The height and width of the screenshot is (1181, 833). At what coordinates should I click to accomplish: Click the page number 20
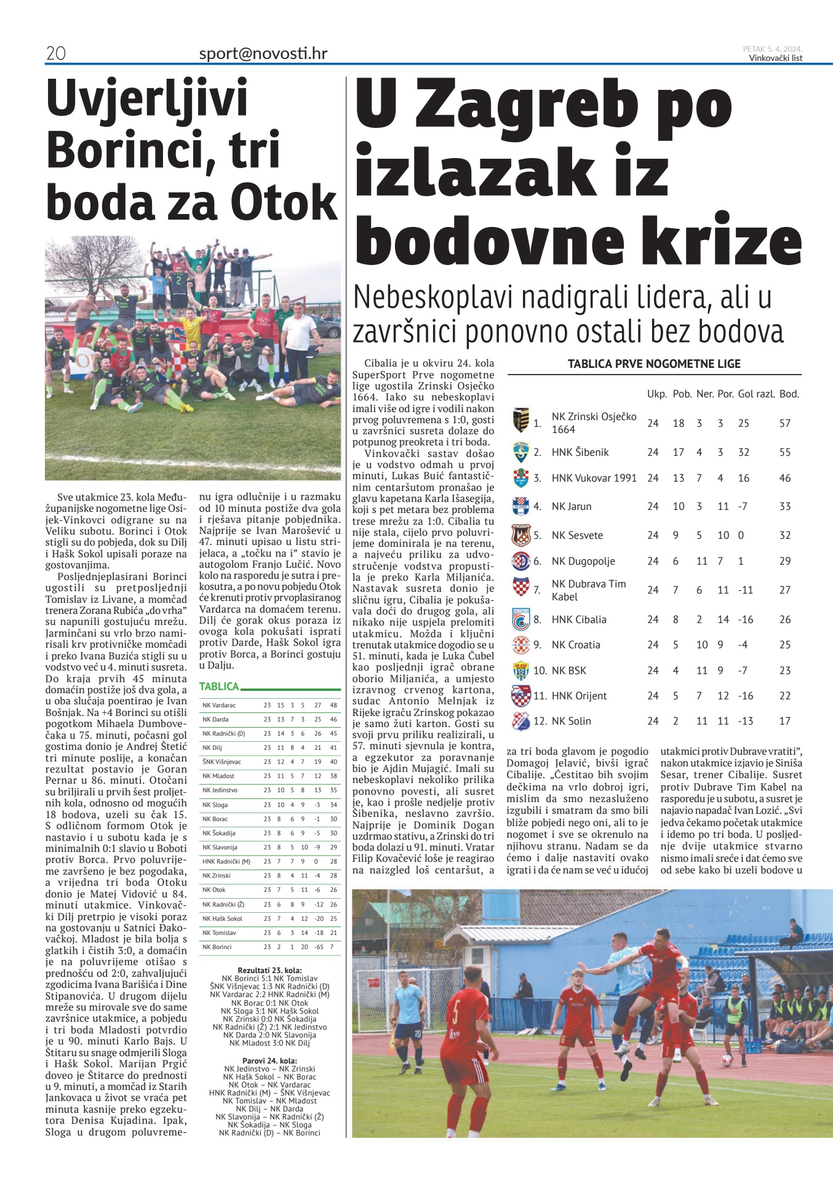[55, 54]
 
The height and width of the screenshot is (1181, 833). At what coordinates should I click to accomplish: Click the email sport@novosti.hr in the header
[263, 54]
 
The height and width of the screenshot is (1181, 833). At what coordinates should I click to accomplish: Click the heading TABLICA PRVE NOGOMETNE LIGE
[654, 364]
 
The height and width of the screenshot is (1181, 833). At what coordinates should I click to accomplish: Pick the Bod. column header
[789, 394]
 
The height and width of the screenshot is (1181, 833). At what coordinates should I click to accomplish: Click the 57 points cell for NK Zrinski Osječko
[784, 423]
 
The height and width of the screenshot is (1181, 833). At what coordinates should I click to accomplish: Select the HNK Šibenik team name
[580, 452]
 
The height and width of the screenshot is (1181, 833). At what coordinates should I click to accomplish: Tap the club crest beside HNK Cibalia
[521, 619]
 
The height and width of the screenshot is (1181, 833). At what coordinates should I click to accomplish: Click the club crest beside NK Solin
[521, 720]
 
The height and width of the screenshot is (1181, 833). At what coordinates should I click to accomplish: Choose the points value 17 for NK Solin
[784, 721]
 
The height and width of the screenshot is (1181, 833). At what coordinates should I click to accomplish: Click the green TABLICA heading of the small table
[219, 686]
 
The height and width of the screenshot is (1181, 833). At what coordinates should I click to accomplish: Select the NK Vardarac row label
[219, 705]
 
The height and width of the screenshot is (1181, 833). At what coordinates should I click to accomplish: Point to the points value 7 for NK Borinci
[333, 947]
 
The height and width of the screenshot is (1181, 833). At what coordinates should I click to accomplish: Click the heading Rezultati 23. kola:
[269, 971]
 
